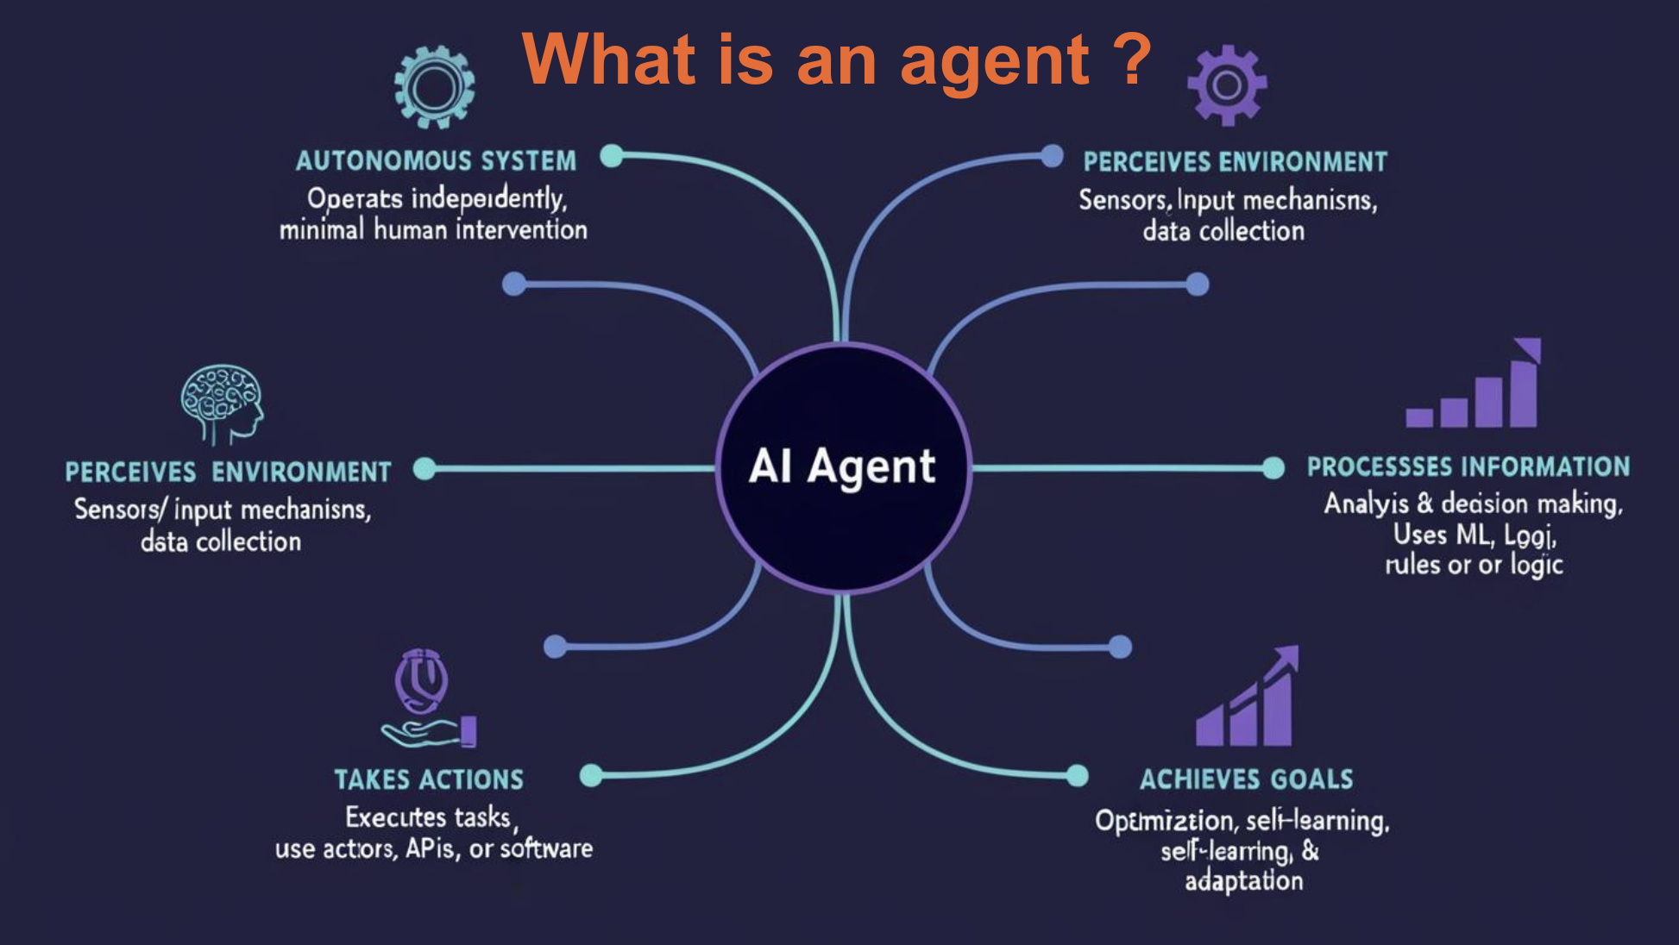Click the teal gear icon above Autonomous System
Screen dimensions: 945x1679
click(434, 87)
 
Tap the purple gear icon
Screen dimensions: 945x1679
click(1227, 85)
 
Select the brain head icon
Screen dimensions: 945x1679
click(222, 402)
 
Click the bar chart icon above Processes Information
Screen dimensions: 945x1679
click(1474, 385)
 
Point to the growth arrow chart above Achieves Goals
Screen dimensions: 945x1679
click(1247, 698)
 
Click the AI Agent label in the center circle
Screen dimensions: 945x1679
click(842, 466)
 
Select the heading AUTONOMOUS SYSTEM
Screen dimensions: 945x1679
click(436, 161)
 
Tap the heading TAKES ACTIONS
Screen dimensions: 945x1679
click(429, 779)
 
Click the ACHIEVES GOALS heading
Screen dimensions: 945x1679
click(1246, 779)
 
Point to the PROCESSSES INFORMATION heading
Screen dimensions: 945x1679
click(1468, 467)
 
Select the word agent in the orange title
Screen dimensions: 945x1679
click(995, 62)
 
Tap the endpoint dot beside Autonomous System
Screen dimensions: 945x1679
click(612, 156)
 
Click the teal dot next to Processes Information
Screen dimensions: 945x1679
click(1273, 468)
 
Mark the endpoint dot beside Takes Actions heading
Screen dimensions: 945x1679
click(591, 775)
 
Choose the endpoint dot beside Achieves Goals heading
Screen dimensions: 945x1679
click(1078, 776)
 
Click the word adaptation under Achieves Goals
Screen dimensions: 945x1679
click(1243, 881)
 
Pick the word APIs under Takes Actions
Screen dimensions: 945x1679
click(430, 848)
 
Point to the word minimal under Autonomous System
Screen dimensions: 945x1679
click(321, 230)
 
